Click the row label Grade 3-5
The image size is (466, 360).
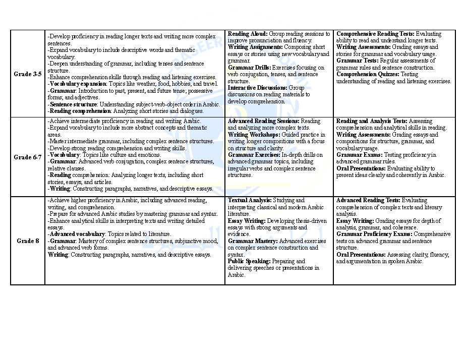point(28,74)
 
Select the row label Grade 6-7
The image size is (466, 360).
point(28,157)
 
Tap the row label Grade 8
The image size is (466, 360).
point(28,241)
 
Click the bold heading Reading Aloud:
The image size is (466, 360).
point(248,34)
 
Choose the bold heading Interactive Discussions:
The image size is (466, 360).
point(258,88)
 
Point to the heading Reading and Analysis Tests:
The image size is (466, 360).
point(372,122)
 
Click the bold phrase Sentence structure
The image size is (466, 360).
point(73,104)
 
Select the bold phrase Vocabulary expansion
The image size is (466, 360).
point(78,84)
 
